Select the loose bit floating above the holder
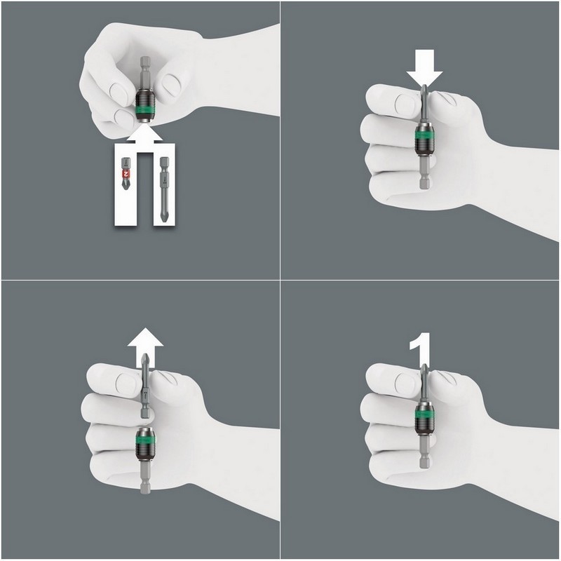point(145,389)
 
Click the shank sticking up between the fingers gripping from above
point(144,70)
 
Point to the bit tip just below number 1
point(424,379)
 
